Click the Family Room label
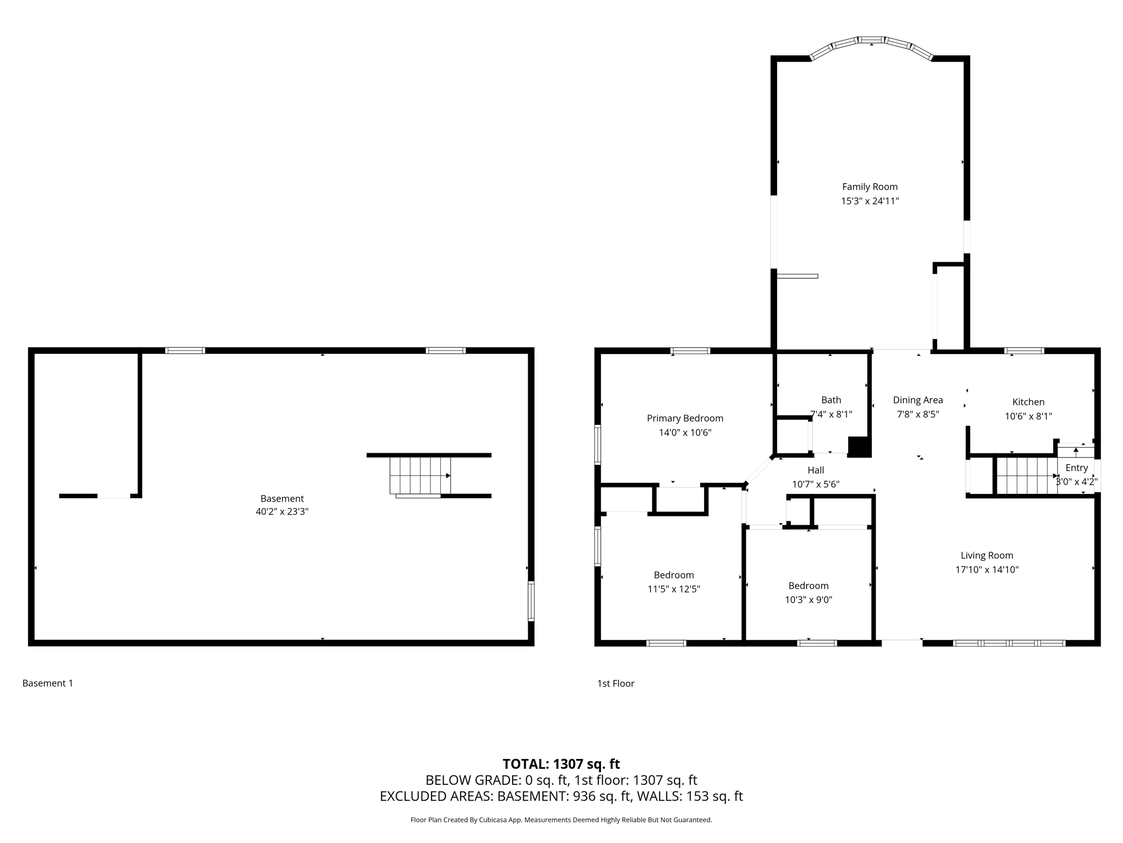(870, 187)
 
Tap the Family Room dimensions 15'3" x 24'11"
(870, 201)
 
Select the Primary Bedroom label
(685, 418)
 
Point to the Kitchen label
(1028, 402)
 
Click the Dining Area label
(918, 400)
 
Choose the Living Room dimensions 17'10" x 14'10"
(987, 570)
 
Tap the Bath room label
(831, 400)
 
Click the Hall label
(816, 470)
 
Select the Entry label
(1076, 468)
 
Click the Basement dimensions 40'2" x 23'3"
(282, 512)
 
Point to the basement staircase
(420, 476)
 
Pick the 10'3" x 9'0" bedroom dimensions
(809, 600)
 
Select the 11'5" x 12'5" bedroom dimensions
(674, 589)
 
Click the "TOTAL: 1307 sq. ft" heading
(561, 763)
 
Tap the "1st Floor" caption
(616, 683)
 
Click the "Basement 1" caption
(48, 683)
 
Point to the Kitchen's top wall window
(1024, 351)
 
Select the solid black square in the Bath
(859, 446)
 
